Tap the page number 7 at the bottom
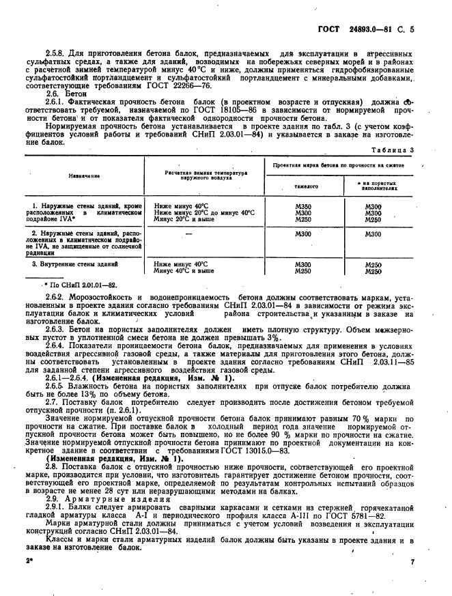(x=413, y=580)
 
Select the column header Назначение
(x=84, y=175)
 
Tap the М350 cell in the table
(x=302, y=205)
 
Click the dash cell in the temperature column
(x=203, y=234)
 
